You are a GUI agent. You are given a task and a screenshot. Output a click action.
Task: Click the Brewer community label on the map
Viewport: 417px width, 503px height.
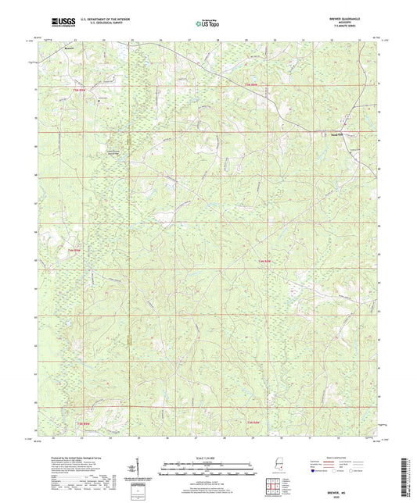69,56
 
